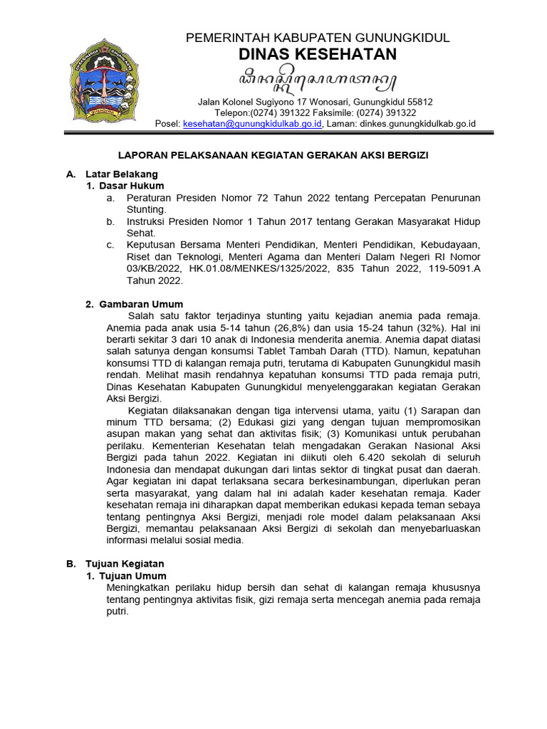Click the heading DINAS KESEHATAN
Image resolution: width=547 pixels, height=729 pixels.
317,56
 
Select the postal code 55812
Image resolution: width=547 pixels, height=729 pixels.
419,101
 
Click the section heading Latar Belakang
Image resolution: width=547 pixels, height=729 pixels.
121,174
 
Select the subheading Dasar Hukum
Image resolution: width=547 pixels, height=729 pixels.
131,186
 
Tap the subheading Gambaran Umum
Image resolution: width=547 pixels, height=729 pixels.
141,304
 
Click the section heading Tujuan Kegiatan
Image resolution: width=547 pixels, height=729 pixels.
125,563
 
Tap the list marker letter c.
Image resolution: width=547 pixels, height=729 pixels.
110,245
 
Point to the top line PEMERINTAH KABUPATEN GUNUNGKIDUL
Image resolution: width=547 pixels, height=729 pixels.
317,38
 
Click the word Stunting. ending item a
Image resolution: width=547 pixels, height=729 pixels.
146,209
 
